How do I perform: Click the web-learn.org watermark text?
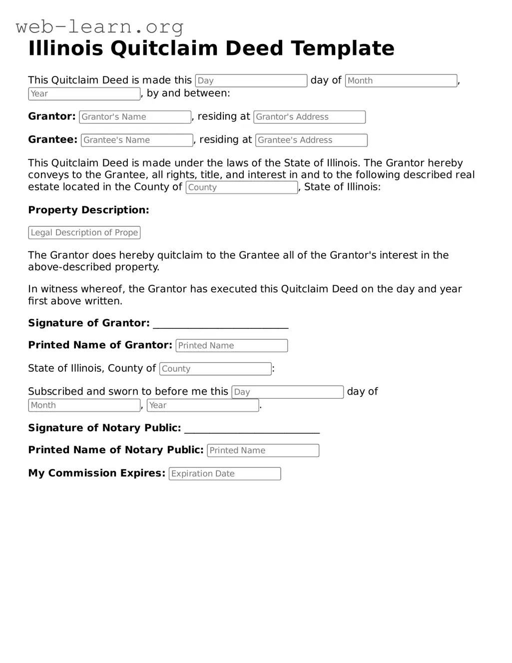(x=99, y=26)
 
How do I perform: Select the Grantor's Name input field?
(x=135, y=117)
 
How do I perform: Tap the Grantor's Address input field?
(x=309, y=117)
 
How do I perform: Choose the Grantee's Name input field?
(x=137, y=140)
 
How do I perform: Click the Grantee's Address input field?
(x=311, y=140)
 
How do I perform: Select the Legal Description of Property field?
(x=84, y=233)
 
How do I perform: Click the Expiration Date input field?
(x=225, y=474)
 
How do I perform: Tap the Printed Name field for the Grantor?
(x=232, y=346)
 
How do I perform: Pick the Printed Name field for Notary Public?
(x=263, y=451)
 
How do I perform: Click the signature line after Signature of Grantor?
(x=221, y=325)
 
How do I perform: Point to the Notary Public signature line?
(x=252, y=430)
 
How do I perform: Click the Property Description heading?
(x=88, y=210)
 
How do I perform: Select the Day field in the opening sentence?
(x=251, y=81)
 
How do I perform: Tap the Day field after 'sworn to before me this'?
(x=287, y=392)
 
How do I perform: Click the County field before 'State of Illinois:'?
(x=242, y=187)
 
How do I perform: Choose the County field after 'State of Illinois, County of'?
(x=215, y=369)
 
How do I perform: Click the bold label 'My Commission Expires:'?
(x=96, y=473)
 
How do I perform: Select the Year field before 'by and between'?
(x=84, y=94)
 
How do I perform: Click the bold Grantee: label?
(x=52, y=140)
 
